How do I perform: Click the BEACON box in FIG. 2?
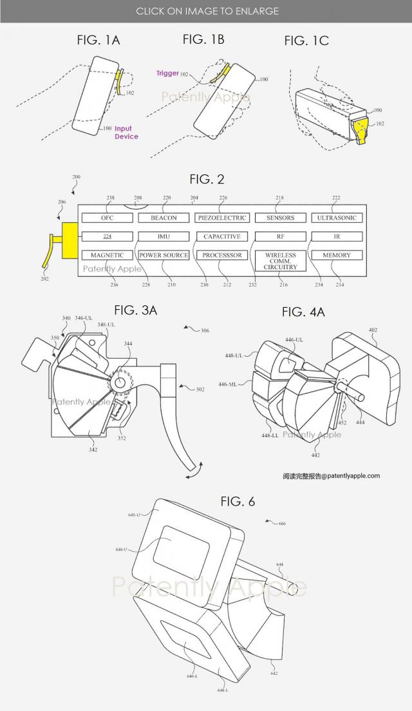pos(164,218)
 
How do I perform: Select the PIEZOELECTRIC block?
pos(221,218)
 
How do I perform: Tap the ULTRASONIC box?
pos(336,218)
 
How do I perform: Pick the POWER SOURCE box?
pos(164,255)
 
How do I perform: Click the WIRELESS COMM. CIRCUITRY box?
pos(280,261)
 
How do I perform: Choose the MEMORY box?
pos(336,255)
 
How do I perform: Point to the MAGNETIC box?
pos(107,255)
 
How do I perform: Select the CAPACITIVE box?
pos(221,236)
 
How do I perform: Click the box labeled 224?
pos(107,236)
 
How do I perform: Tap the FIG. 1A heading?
pos(98,40)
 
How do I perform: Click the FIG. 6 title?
pos(238,501)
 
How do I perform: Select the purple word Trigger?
pos(167,73)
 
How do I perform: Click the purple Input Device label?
pos(126,133)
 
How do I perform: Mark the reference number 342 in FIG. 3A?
pos(93,450)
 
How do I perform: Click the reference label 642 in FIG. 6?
pos(274,673)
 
